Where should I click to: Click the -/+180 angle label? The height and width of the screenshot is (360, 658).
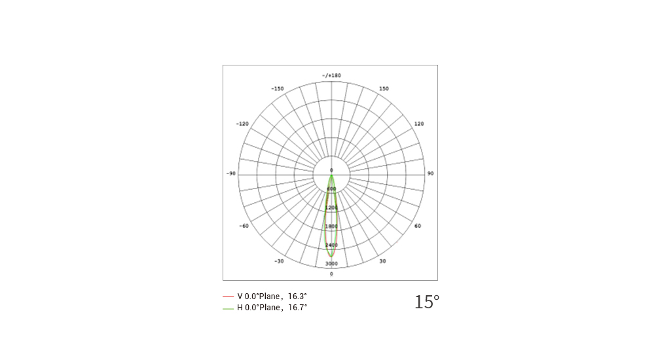(x=331, y=75)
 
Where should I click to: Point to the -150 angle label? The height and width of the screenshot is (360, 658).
(x=278, y=88)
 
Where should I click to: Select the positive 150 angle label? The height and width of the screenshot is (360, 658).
(x=384, y=88)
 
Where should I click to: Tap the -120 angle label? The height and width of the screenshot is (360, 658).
(x=242, y=124)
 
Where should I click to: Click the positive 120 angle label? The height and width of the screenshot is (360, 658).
(x=419, y=124)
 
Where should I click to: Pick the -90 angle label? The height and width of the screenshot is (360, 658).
(x=231, y=173)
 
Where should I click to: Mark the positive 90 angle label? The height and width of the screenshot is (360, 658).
(x=431, y=173)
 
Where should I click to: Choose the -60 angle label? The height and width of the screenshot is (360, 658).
(x=244, y=226)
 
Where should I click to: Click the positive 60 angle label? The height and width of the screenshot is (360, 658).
(x=418, y=226)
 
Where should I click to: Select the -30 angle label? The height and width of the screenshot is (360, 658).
(x=279, y=261)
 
